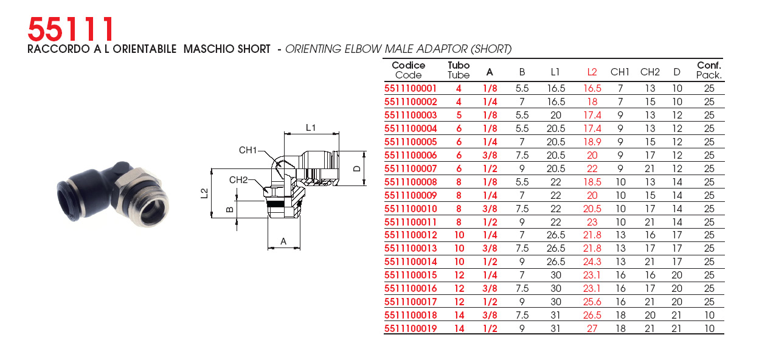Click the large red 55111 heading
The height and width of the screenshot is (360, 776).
click(71, 29)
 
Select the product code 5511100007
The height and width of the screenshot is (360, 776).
click(411, 168)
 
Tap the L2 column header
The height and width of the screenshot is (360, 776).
click(592, 72)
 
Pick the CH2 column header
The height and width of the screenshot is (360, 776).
click(650, 72)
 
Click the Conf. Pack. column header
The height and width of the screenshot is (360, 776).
click(708, 71)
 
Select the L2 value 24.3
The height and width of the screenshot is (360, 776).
click(592, 261)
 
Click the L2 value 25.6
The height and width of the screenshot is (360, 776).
click(592, 302)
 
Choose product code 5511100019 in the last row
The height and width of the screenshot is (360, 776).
click(411, 328)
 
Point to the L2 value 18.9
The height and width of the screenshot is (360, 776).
click(592, 142)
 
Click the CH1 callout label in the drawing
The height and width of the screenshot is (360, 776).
click(248, 150)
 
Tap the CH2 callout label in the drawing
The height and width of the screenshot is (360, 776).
click(238, 180)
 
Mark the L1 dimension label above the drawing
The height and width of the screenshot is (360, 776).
click(311, 128)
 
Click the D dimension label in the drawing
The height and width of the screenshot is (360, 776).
click(356, 168)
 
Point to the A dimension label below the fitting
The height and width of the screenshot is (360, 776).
click(283, 241)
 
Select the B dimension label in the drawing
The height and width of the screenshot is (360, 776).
click(229, 209)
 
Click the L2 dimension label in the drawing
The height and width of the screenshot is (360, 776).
click(204, 193)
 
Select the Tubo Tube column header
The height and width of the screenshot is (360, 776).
click(459, 71)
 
